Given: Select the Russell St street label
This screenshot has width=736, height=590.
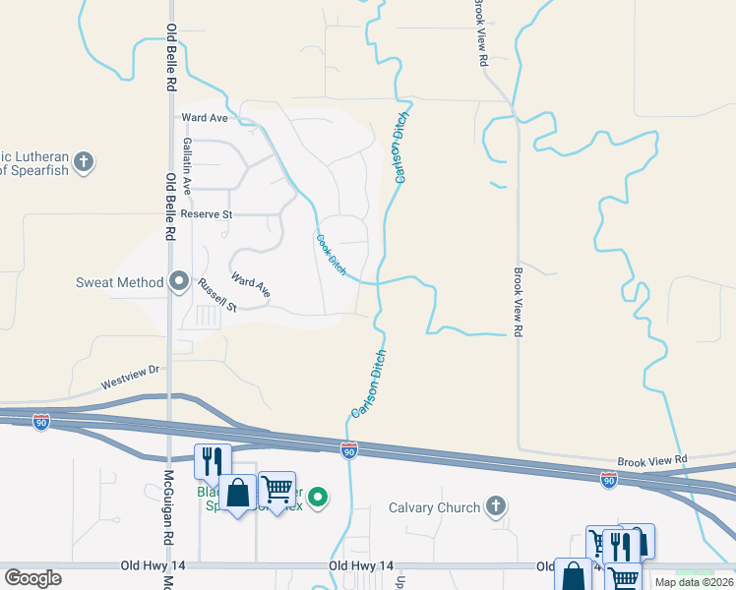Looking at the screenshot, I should [x=217, y=295].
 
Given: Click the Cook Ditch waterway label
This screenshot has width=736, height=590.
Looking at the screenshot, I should [x=332, y=253].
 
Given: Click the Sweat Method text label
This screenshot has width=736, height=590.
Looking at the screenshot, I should [x=119, y=282].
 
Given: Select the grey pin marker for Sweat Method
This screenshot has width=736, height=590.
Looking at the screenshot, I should [x=179, y=282].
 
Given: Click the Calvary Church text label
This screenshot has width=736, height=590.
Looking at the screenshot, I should [x=434, y=507].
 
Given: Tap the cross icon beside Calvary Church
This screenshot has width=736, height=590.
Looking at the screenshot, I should [x=496, y=507].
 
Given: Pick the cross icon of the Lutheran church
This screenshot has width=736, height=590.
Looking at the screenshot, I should [x=85, y=161].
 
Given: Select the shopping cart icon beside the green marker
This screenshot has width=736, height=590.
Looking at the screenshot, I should [x=277, y=489].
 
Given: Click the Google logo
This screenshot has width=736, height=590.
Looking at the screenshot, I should [x=32, y=578].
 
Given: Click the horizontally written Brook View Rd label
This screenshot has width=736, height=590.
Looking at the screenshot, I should [x=652, y=460].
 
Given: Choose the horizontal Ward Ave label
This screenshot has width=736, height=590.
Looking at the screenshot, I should [x=205, y=118].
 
